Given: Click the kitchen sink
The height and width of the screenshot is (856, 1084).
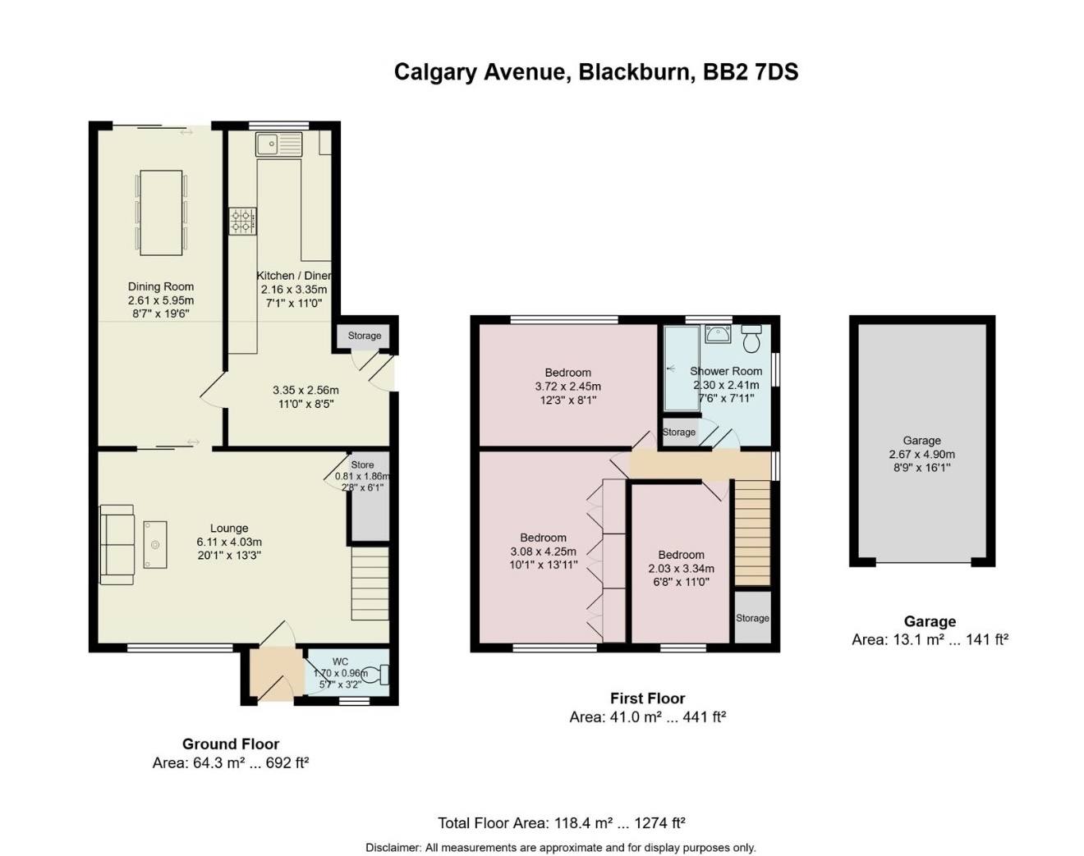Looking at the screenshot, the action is (x=278, y=144).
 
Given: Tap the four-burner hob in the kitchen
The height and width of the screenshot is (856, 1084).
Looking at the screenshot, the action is (x=242, y=221).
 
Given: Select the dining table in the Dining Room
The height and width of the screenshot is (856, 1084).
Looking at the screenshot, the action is (x=161, y=213).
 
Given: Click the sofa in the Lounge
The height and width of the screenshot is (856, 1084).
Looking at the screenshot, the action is (x=117, y=545).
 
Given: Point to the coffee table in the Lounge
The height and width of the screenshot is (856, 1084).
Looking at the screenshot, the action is (x=155, y=545).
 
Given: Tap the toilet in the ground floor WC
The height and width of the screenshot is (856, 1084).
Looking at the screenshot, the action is (x=377, y=675).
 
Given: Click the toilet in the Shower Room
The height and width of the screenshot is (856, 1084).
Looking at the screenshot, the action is (x=751, y=339).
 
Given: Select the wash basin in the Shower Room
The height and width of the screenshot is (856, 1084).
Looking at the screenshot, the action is (x=718, y=334).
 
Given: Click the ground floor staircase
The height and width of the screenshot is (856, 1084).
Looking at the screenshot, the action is (x=370, y=584).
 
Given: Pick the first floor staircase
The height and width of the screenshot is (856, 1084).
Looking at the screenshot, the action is (x=752, y=533).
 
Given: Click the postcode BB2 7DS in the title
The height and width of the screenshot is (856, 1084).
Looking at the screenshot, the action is (x=751, y=72).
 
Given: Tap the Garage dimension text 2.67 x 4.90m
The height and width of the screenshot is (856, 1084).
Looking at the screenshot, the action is (x=921, y=454).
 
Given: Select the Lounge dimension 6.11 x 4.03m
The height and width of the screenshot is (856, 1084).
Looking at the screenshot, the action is (x=229, y=542).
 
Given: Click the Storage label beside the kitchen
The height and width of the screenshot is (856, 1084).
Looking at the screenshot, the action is (x=365, y=336).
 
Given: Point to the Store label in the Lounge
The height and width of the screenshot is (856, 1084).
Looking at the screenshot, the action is (x=362, y=465).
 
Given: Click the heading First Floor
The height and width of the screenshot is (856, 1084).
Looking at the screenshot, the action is (x=648, y=698).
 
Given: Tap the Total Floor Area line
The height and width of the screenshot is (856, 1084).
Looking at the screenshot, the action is (x=562, y=823).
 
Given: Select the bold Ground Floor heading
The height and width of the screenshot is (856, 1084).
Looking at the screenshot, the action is (x=231, y=744).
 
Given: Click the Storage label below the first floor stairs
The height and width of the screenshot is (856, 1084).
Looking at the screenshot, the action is (x=752, y=618).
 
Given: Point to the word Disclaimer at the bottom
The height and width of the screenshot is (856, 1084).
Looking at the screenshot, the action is (x=393, y=848).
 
